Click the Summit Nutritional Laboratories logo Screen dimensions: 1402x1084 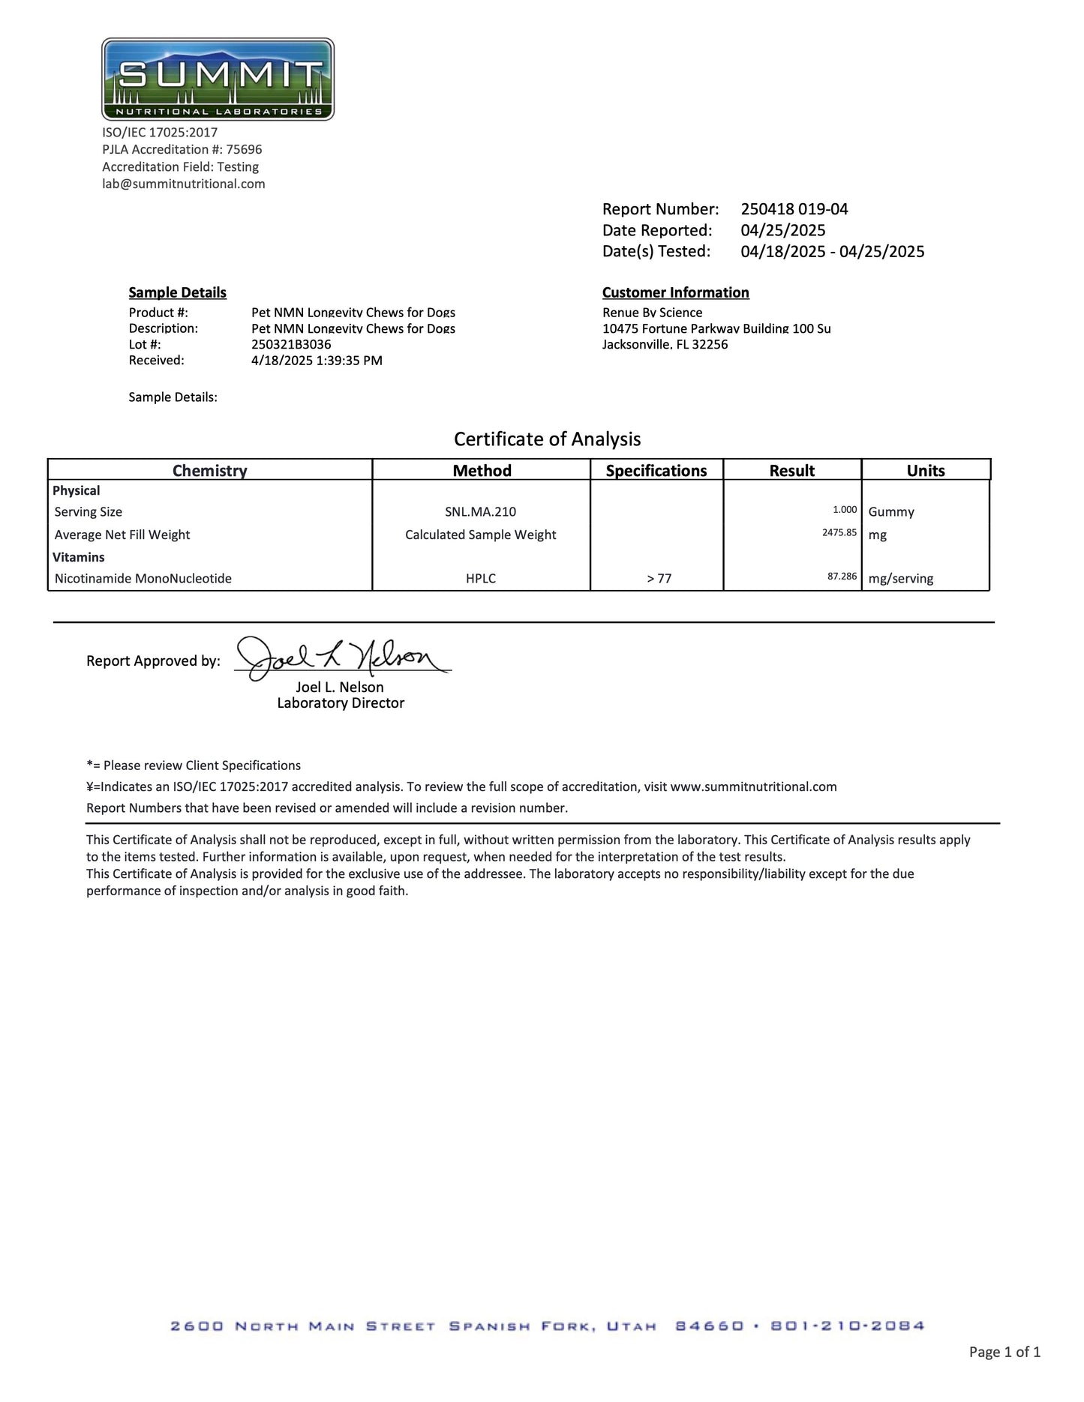(218, 79)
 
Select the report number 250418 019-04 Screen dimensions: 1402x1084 (794, 209)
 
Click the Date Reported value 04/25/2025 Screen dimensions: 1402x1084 (782, 230)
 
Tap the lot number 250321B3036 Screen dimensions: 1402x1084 (291, 344)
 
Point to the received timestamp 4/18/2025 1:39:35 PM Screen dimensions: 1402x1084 (317, 361)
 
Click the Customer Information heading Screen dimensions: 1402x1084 (675, 292)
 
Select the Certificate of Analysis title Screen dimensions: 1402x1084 (547, 439)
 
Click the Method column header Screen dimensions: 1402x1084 (482, 470)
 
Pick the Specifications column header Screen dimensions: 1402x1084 (656, 470)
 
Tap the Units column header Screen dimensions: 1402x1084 (925, 470)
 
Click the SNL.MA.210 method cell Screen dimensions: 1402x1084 (480, 512)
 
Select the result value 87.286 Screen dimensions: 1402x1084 (842, 577)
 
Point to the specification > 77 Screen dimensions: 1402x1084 (659, 579)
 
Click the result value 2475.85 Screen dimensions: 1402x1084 (839, 533)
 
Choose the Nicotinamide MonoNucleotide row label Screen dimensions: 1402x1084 (143, 579)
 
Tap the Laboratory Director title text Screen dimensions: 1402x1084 (341, 703)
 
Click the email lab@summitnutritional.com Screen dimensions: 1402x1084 (184, 184)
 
